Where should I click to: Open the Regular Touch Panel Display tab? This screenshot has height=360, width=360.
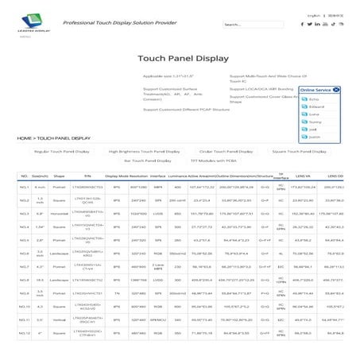pyautogui.click(x=62, y=150)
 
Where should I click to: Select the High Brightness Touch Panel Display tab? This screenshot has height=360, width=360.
pyautogui.click(x=144, y=150)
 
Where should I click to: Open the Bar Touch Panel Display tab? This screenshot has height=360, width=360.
pyautogui.click(x=128, y=161)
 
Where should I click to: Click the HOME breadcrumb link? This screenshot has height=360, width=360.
pyautogui.click(x=25, y=138)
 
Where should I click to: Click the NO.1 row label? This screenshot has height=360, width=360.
pyautogui.click(x=24, y=187)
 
